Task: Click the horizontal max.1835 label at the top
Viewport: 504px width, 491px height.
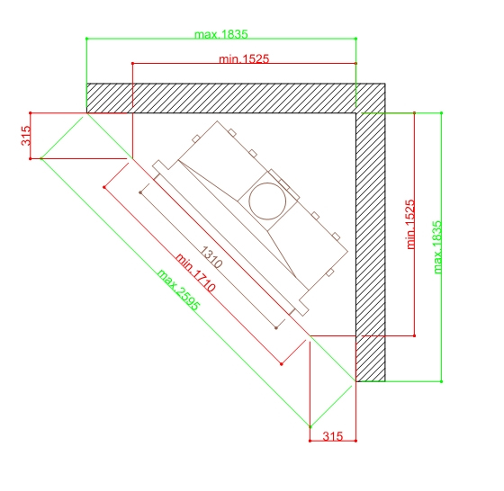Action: point(221,34)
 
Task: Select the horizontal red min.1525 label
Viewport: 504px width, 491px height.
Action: point(244,58)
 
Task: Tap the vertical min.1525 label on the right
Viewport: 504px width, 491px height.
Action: point(410,224)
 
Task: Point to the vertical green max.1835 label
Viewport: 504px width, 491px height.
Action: point(437,247)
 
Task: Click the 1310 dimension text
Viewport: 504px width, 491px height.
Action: point(211,257)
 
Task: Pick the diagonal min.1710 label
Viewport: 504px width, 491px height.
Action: point(195,272)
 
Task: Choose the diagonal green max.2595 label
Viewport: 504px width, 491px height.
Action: point(179,290)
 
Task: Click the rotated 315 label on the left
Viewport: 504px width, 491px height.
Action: point(26,136)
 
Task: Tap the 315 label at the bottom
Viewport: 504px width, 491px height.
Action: point(333,436)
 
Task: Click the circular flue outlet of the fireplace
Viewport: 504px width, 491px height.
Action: point(267,201)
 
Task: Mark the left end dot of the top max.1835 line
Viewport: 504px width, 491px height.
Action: point(86,39)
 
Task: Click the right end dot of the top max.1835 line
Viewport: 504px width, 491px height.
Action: point(355,39)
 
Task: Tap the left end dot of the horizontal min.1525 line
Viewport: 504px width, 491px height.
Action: point(132,64)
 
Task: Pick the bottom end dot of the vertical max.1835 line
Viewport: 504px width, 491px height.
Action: point(441,381)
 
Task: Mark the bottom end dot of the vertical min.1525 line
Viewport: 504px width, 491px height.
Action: point(414,336)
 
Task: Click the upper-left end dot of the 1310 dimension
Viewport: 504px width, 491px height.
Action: point(140,192)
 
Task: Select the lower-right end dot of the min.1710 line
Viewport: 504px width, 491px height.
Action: point(282,364)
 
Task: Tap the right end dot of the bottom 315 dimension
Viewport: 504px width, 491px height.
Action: point(355,441)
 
